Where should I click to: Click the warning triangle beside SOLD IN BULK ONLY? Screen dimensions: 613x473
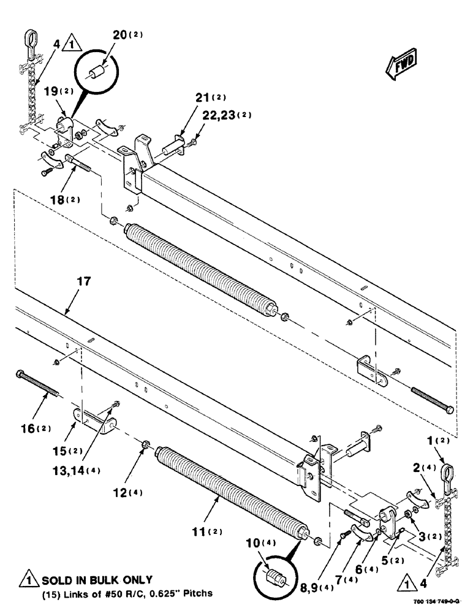tap(28, 579)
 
